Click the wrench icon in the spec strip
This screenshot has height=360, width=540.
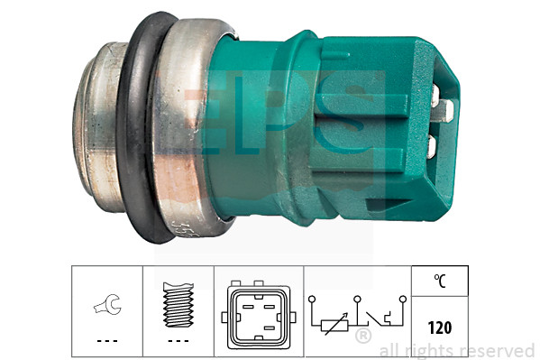click(106, 307)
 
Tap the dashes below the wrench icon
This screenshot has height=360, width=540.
click(106, 340)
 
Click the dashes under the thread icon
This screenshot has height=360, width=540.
click(178, 340)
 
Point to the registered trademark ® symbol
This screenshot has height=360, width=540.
click(362, 337)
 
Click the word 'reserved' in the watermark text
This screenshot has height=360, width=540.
click(501, 350)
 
